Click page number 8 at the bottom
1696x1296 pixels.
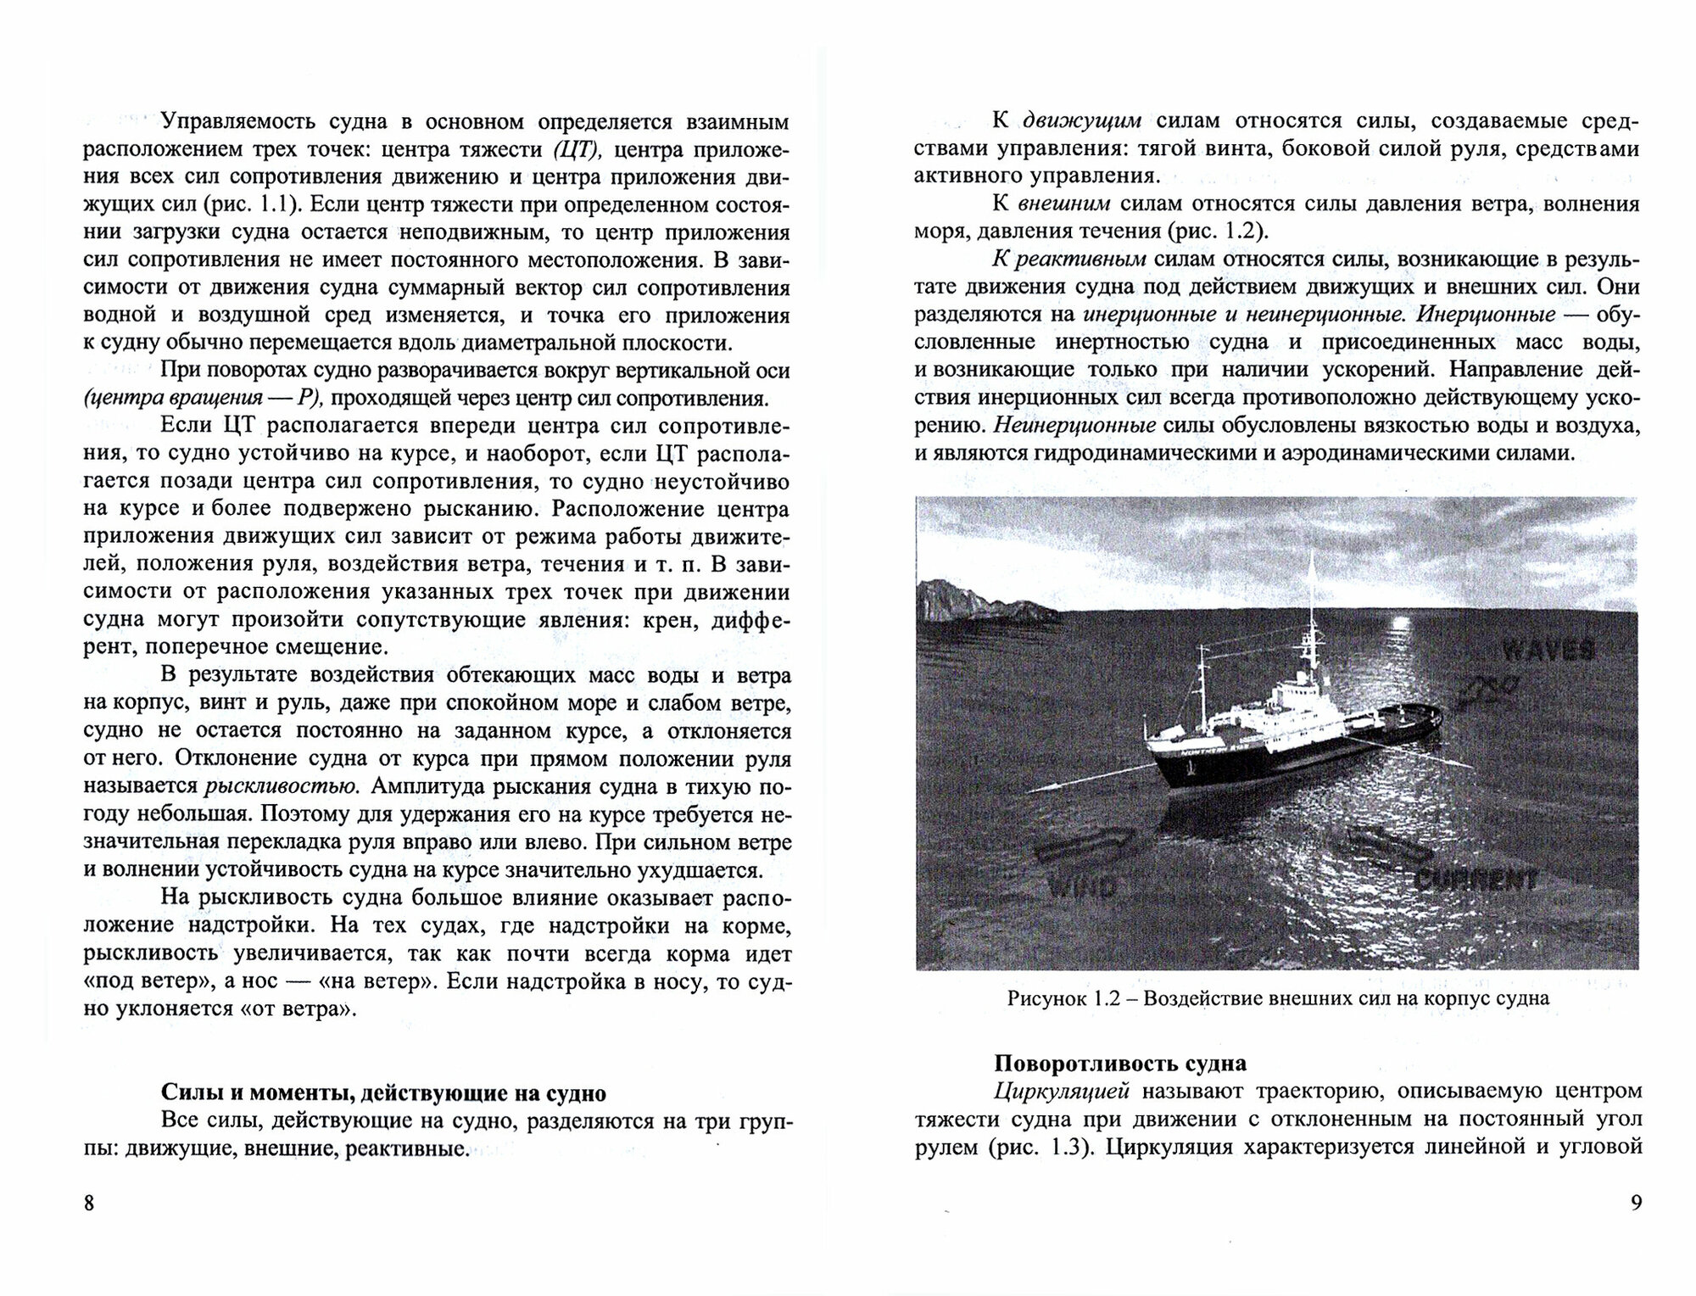click(90, 1204)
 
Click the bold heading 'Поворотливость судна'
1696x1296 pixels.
click(1120, 1064)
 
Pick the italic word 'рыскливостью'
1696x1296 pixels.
click(282, 786)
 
